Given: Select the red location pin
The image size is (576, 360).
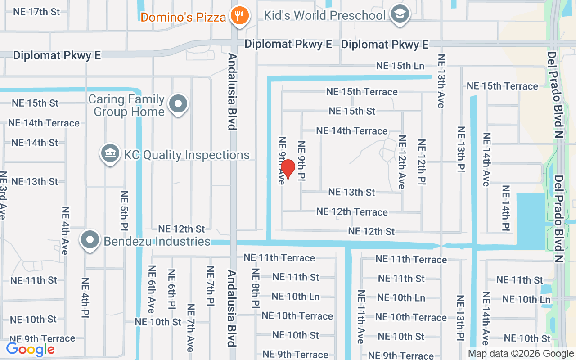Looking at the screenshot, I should tap(288, 169).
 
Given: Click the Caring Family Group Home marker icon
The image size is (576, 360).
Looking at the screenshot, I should tap(178, 104).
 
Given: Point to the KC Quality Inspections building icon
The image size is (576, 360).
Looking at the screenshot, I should tap(110, 154).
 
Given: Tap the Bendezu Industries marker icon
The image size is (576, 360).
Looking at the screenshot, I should tap(90, 240).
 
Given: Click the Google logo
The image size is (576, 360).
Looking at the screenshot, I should tap(30, 349).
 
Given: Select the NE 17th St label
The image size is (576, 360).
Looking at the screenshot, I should tap(36, 12).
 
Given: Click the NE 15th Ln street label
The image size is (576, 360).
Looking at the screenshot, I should tap(400, 66).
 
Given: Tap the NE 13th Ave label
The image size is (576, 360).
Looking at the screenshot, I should tap(441, 81).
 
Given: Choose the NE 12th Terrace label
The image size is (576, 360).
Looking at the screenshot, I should tap(352, 211).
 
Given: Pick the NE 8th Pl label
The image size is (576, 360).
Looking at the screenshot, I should tap(256, 288).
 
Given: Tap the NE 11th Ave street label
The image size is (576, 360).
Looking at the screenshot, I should tap(361, 317).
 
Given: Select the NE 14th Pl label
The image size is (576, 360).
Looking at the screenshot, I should tap(506, 208).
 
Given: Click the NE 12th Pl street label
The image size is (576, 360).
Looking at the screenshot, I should tap(422, 162).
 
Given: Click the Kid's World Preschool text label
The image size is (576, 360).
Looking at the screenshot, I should tap(324, 15).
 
